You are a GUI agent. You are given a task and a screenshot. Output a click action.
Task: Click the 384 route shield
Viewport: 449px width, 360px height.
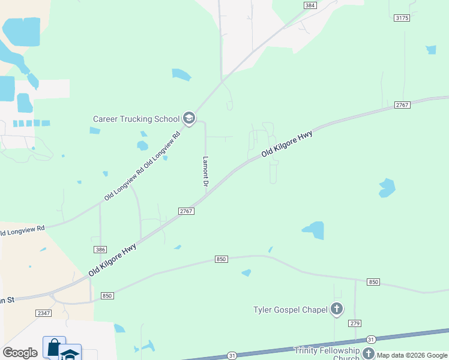[310, 5]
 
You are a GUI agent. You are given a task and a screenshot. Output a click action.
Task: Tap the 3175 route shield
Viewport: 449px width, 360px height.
[402, 18]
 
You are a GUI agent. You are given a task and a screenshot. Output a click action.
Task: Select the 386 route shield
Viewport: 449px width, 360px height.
[100, 249]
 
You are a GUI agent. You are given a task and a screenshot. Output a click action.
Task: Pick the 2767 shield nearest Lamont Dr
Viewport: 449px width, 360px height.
[186, 211]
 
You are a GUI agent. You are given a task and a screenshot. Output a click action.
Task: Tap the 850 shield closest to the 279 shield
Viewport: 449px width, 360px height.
[373, 282]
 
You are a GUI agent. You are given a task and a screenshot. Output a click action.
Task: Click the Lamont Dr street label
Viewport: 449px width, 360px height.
[205, 173]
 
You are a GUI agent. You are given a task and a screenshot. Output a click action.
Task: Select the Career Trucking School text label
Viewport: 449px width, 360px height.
[136, 119]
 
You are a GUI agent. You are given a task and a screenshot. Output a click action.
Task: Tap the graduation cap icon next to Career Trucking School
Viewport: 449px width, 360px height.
[189, 118]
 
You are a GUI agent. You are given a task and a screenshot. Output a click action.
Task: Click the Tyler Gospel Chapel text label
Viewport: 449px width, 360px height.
[290, 310]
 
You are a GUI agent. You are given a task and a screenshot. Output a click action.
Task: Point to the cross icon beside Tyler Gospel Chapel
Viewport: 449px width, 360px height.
[337, 310]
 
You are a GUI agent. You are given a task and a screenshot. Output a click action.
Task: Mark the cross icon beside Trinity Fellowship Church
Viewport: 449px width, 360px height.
[368, 354]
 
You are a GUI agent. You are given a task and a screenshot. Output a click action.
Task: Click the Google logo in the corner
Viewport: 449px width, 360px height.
[20, 353]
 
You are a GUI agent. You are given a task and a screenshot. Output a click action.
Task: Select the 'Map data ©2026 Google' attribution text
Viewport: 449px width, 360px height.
[412, 355]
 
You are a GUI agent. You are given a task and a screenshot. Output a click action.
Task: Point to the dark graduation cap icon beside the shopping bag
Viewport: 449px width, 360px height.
[70, 353]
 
